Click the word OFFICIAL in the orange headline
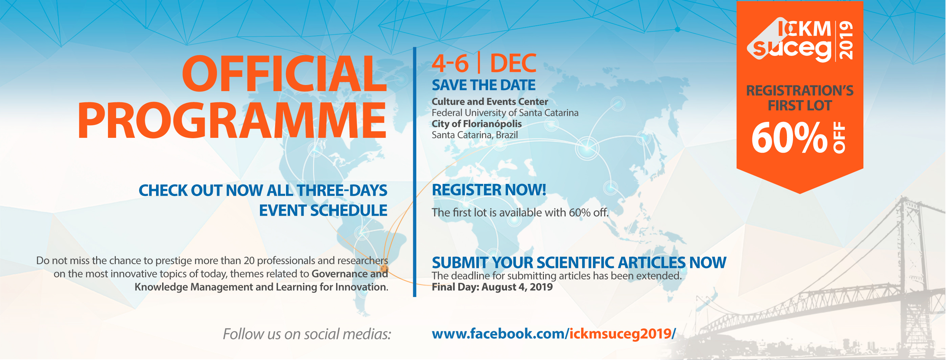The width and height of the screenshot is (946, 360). (285, 73)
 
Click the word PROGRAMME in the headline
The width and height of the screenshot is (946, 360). (232, 120)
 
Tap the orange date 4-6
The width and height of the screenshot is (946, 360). (450, 63)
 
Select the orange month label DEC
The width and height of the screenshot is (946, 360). (513, 63)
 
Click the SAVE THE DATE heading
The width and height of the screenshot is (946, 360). (484, 85)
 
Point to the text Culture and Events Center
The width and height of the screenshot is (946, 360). (490, 101)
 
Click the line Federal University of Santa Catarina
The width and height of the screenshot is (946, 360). (505, 113)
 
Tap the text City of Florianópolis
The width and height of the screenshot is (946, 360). (477, 124)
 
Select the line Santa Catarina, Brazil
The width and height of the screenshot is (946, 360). (475, 135)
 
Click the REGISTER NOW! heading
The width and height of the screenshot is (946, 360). (489, 190)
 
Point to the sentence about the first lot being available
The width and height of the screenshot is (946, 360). (520, 212)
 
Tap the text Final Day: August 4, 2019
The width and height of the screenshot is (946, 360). (492, 287)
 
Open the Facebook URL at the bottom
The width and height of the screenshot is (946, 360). (554, 334)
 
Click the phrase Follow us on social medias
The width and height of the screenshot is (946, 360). (307, 334)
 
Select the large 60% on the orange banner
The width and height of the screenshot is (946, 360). (790, 138)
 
